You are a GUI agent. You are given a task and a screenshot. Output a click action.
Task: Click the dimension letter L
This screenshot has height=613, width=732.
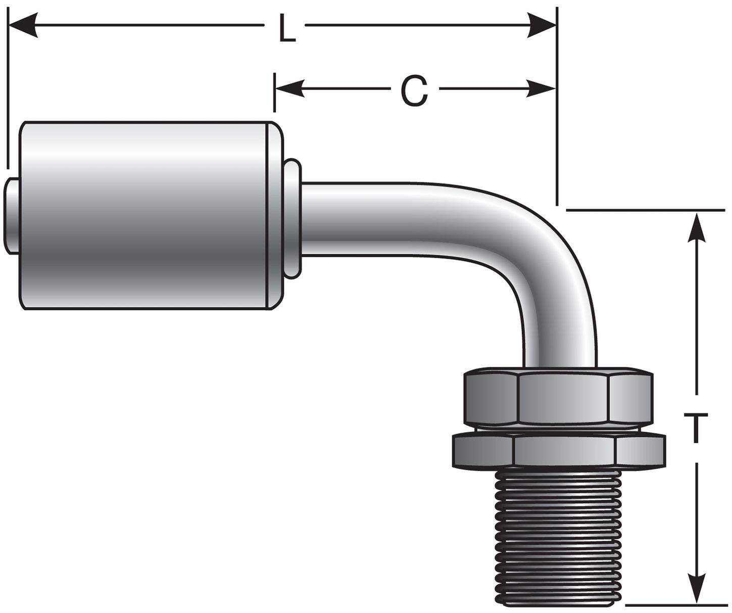pyautogui.click(x=287, y=29)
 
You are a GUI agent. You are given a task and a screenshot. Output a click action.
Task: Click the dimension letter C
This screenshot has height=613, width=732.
pyautogui.click(x=414, y=91)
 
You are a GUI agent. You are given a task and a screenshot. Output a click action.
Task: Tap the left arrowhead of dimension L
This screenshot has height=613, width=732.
pyautogui.click(x=23, y=24)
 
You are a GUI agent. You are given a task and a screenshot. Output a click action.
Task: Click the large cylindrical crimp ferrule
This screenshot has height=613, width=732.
pyautogui.click(x=147, y=217)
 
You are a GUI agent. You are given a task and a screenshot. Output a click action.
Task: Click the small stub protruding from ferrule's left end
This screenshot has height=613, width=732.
pyautogui.click(x=13, y=217)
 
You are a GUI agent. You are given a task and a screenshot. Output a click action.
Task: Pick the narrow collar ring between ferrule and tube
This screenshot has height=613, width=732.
pyautogui.click(x=292, y=217)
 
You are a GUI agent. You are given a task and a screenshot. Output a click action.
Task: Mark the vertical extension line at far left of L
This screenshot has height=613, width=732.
pyautogui.click(x=9, y=91)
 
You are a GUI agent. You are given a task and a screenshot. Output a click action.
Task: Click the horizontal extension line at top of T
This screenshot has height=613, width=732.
pyautogui.click(x=647, y=209)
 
